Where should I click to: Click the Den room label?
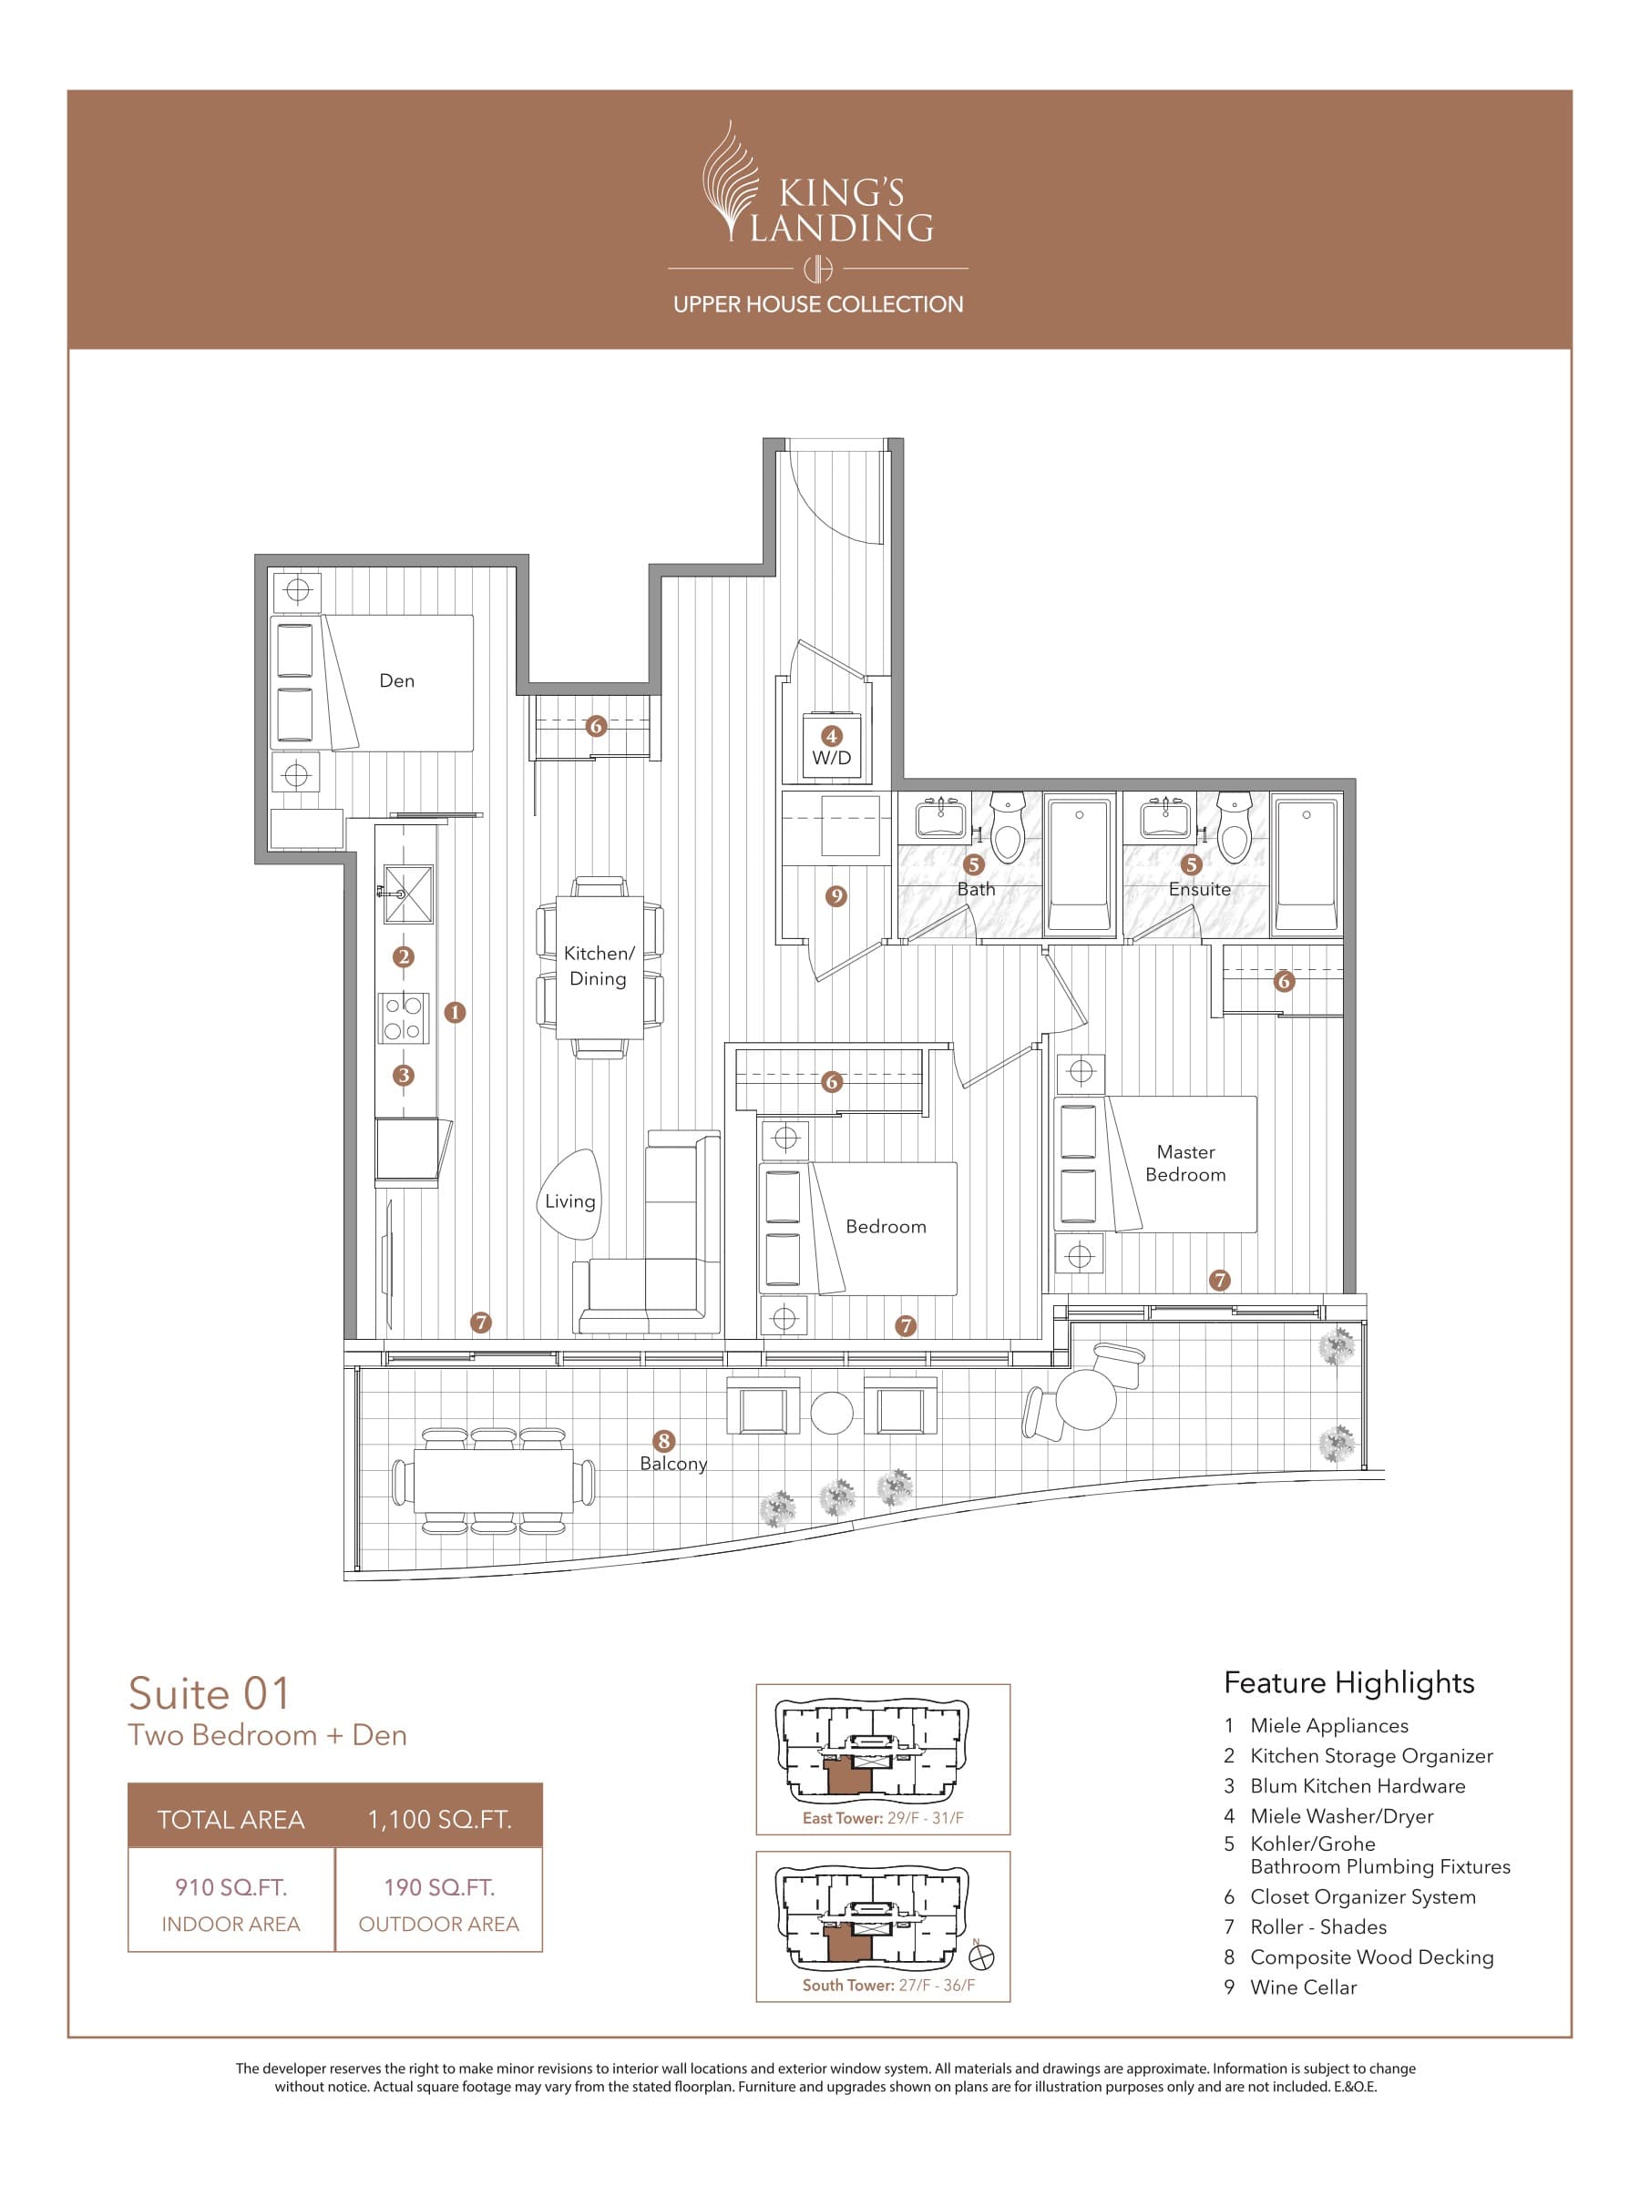point(396,681)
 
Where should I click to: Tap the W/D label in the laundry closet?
point(831,758)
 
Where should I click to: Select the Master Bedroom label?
point(1185,1163)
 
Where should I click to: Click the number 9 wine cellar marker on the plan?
point(836,896)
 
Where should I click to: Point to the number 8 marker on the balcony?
point(664,1441)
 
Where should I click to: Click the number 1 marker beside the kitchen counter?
point(455,1012)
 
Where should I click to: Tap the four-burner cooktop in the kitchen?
point(404,1018)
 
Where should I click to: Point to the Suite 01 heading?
point(210,1694)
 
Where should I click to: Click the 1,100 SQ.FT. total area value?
point(439,1819)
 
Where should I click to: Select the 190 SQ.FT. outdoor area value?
point(439,1887)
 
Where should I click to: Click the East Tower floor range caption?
point(883,1818)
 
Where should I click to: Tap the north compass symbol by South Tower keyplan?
point(982,1955)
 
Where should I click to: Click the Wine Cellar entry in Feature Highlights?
point(1302,1987)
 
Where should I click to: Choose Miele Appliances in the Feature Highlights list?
point(1327,1725)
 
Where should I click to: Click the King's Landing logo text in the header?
point(840,210)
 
